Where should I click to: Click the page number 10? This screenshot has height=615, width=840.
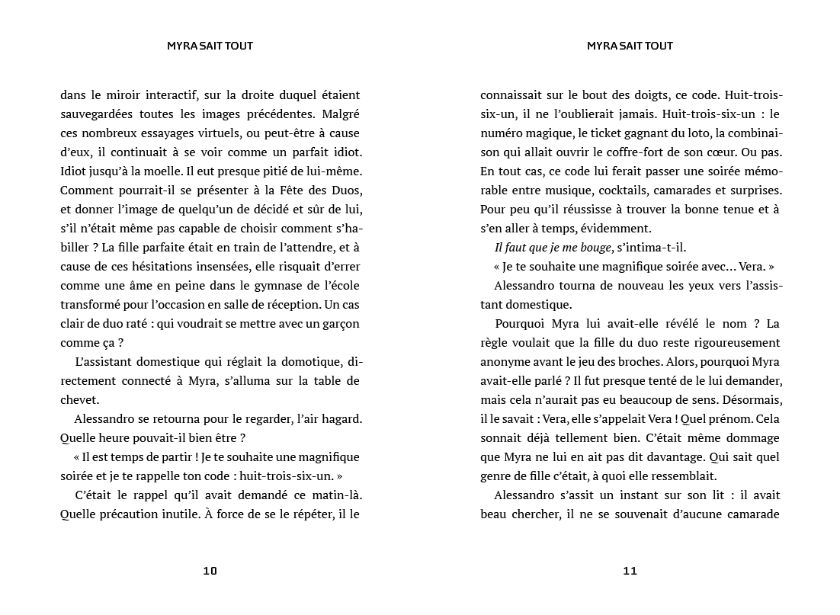(x=210, y=571)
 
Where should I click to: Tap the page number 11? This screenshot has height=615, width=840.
(x=630, y=571)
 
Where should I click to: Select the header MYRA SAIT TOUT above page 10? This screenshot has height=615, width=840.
(x=210, y=46)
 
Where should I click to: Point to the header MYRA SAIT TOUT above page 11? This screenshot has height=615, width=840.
(x=630, y=46)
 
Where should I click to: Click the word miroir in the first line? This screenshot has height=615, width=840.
(x=125, y=95)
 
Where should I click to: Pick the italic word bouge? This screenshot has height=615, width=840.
(x=596, y=247)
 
